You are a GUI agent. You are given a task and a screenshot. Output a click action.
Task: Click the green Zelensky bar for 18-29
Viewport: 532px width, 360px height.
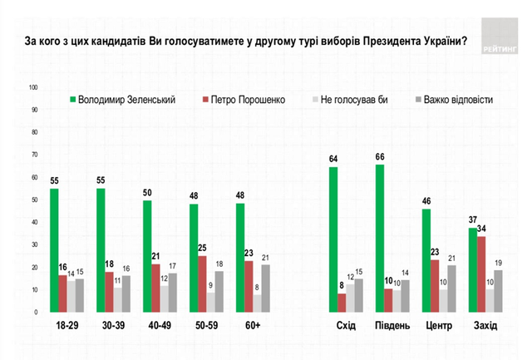pyautogui.click(x=54, y=250)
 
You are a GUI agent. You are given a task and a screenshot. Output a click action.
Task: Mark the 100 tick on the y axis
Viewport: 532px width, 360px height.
pyautogui.click(x=34, y=86)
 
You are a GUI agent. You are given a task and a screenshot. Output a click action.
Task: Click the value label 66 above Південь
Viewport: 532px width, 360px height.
pyautogui.click(x=380, y=157)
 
